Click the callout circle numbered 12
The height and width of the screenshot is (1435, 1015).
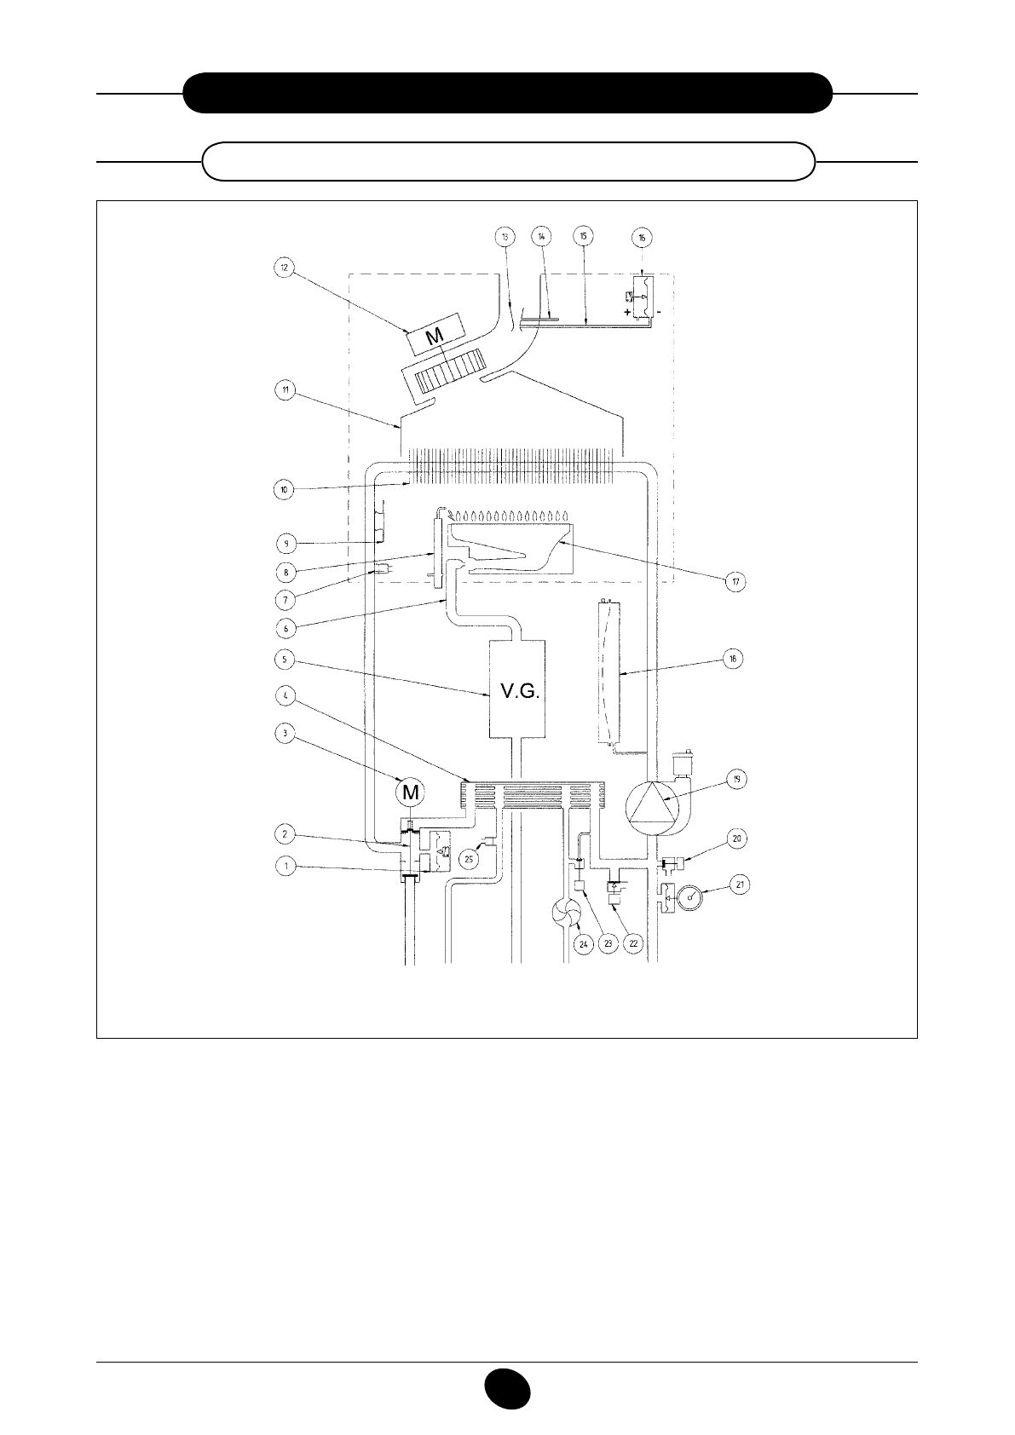pyautogui.click(x=285, y=267)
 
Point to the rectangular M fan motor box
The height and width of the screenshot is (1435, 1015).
pyautogui.click(x=436, y=334)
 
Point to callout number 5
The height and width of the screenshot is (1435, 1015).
pyautogui.click(x=285, y=659)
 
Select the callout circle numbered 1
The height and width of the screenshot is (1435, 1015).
pyautogui.click(x=285, y=867)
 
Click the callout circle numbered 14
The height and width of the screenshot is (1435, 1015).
pyautogui.click(x=542, y=235)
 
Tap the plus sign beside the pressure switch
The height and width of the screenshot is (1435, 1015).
pyautogui.click(x=627, y=313)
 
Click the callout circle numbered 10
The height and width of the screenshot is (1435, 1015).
pyautogui.click(x=285, y=490)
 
